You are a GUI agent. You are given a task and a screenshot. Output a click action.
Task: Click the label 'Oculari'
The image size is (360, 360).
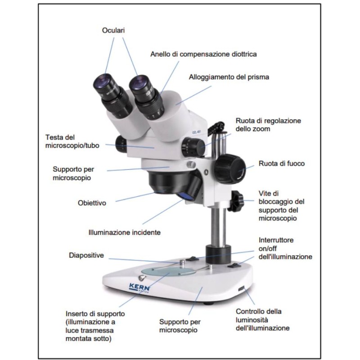coord(113,31)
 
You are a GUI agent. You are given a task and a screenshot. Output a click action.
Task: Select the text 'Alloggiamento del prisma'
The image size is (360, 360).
coord(229,77)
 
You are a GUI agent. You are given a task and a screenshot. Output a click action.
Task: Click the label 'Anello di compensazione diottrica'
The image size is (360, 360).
coord(203,54)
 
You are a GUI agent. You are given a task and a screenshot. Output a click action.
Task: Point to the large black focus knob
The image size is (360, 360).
coord(230,170)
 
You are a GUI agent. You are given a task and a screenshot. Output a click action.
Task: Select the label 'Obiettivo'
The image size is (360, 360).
coord(92,203)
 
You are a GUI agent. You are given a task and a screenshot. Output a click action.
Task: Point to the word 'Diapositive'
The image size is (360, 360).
coord(86,255)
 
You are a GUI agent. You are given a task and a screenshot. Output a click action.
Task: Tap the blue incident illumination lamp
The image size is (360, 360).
coord(186,195)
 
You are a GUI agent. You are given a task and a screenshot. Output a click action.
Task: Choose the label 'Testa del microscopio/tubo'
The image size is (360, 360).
coord(72,141)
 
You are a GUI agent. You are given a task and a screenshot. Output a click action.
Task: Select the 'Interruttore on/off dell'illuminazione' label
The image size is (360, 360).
coord(285,248)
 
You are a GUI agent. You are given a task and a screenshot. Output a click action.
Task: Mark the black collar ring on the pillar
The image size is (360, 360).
coord(217,254)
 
